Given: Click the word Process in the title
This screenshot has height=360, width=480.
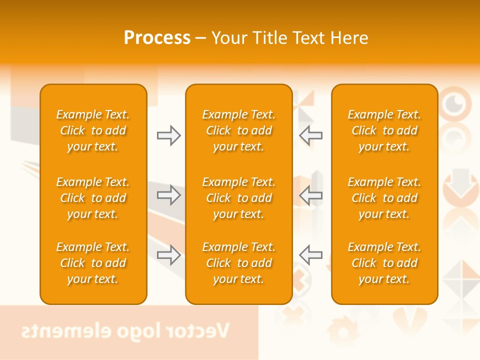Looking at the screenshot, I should point(157,38).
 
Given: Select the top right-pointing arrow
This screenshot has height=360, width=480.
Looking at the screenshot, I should point(168,135).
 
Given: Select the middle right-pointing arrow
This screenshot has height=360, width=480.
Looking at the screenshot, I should point(168,195).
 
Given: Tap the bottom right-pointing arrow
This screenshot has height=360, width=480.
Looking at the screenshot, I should point(168,255).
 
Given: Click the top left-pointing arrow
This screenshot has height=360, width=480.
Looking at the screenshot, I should point(310,135).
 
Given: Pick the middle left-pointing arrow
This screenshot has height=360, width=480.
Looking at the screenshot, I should point(310,195).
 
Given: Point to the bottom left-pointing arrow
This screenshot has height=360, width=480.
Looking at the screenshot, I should point(310,255).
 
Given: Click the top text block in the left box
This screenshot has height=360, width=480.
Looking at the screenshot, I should point(93,130).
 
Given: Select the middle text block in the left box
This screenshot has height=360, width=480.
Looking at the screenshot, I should point(93,198).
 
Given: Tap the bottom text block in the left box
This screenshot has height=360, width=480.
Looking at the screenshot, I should point(93,263).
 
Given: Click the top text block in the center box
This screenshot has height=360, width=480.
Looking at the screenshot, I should point(238,130).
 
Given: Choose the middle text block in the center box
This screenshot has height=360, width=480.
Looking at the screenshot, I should point(238,198).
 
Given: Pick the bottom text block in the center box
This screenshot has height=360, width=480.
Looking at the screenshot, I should point(238,263).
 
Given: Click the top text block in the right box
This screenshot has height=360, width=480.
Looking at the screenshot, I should point(384,130).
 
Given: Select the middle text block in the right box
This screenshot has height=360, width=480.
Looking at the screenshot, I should point(384,198).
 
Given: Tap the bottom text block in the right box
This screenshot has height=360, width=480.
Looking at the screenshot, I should point(384,263).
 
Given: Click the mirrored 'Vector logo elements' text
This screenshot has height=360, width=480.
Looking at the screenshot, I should point(125,331).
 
